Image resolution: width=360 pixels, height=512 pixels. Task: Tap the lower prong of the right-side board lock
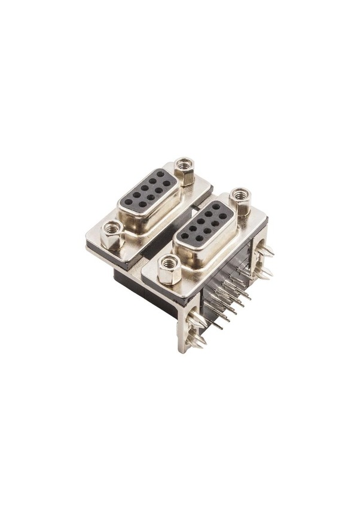(264, 273)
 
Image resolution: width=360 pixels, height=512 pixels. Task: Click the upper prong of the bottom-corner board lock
(196, 320)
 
